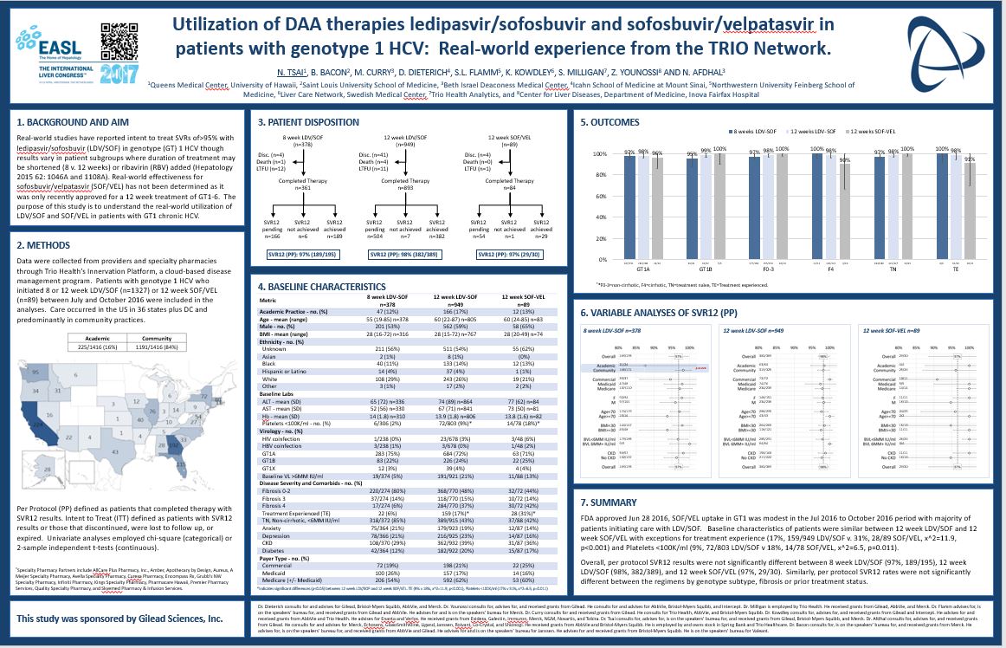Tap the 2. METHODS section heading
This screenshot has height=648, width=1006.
point(42,245)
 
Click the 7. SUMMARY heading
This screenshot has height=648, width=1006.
point(612,502)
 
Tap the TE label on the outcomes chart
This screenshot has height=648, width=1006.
point(954,269)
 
